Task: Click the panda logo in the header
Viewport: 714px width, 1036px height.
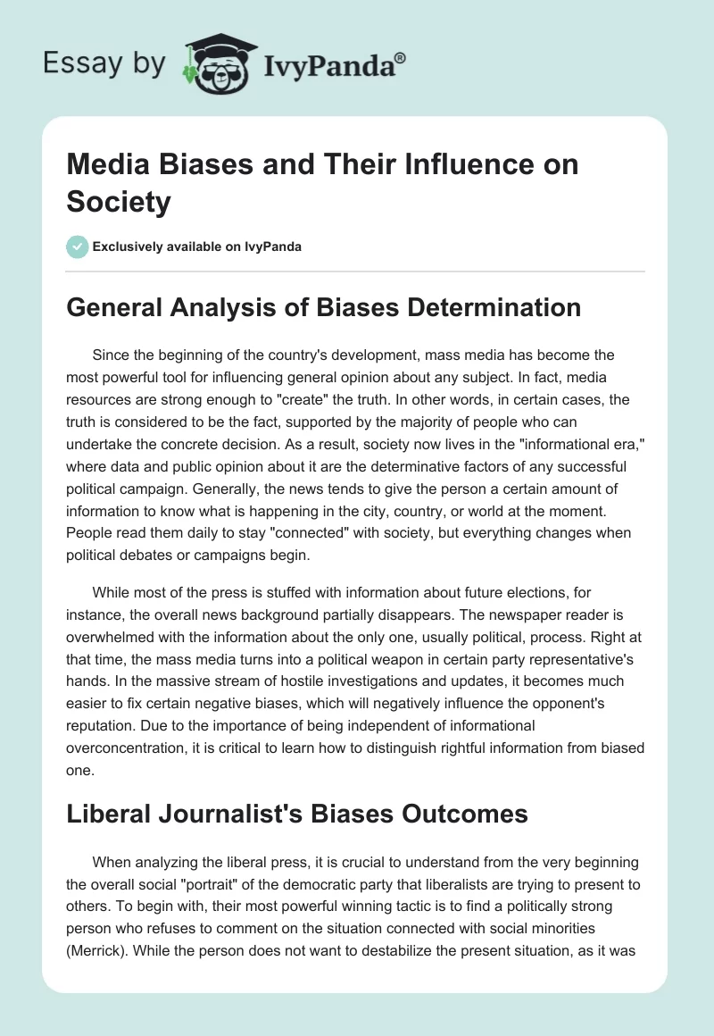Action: tap(213, 62)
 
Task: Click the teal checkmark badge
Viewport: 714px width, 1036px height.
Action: tap(77, 246)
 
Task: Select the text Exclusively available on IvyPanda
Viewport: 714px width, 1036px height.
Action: tap(197, 246)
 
